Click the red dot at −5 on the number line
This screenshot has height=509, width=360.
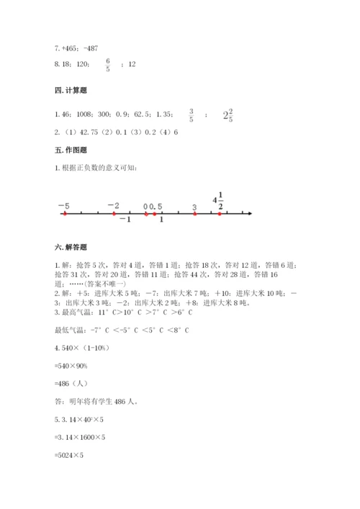(64, 214)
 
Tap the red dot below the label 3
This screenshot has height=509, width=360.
(194, 214)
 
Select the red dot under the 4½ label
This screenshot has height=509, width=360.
(220, 214)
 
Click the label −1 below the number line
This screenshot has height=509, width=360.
(125, 220)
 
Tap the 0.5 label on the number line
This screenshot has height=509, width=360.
(156, 207)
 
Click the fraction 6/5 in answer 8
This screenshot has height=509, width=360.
(108, 65)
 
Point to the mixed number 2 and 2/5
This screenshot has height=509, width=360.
(228, 114)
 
